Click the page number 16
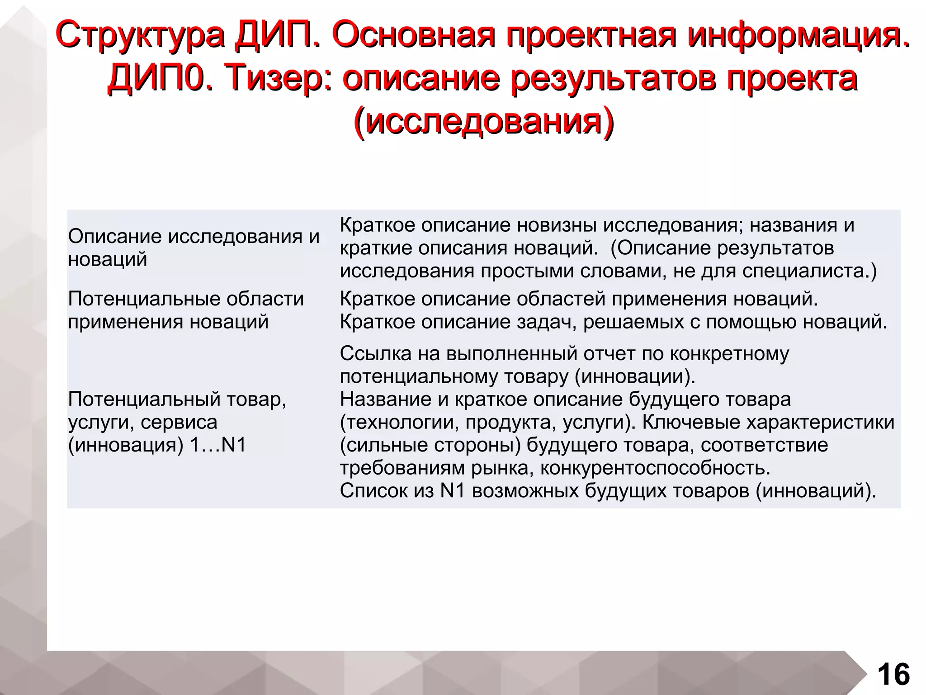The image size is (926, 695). (893, 674)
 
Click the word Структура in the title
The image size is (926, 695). (140, 35)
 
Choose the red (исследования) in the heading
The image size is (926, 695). (483, 121)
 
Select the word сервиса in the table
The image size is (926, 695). (179, 422)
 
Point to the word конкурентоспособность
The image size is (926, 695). (655, 468)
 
